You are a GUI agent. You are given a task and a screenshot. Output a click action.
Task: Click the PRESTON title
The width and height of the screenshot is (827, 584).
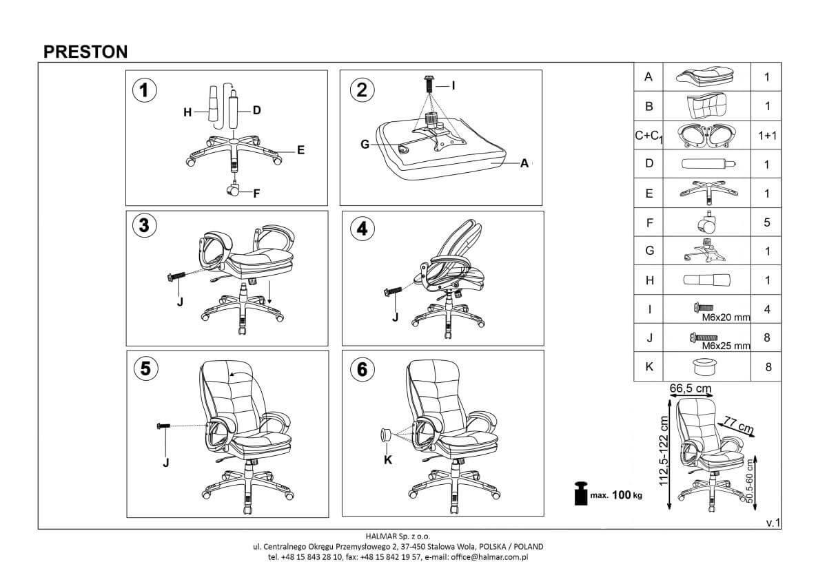tap(85, 52)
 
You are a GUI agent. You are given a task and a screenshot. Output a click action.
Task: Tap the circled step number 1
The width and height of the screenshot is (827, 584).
tap(144, 90)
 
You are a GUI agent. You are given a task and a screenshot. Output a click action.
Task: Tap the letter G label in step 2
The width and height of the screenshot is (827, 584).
tap(365, 143)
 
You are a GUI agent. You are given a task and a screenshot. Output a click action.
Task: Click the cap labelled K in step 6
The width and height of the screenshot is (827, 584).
tap(387, 435)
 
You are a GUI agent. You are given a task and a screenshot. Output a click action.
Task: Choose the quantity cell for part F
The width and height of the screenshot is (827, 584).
tap(767, 222)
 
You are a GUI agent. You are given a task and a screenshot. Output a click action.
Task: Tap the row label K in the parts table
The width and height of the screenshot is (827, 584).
tap(648, 367)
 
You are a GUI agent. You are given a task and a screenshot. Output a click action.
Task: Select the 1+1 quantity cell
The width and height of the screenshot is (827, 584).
tap(767, 136)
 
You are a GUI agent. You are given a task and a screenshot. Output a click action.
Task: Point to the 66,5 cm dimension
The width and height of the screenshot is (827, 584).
tap(691, 389)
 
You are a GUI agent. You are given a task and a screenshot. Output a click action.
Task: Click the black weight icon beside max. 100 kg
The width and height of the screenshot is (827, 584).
tap(580, 494)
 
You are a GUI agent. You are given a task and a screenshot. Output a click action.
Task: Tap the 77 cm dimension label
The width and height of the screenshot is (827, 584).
tap(736, 425)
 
